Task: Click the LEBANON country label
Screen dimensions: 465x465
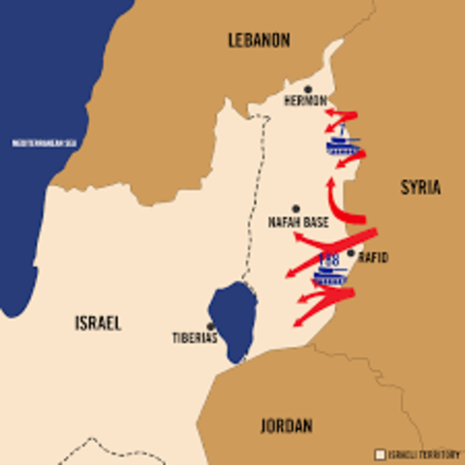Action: (258, 40)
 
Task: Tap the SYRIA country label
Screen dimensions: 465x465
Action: (420, 188)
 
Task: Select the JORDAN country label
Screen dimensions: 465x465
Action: (287, 425)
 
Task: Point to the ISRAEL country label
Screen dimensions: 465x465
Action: (98, 324)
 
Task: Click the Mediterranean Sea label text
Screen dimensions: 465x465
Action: (44, 143)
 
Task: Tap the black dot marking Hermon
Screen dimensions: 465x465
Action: (308, 89)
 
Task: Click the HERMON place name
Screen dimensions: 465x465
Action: (305, 101)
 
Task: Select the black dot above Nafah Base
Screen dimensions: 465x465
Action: (295, 208)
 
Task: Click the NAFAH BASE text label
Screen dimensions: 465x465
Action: (297, 222)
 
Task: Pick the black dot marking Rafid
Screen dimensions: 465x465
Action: (351, 253)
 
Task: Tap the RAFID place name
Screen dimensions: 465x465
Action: (373, 258)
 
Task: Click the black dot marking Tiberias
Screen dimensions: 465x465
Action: (210, 326)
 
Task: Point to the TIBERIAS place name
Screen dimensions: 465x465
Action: (196, 339)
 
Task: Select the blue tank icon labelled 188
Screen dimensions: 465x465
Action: (330, 274)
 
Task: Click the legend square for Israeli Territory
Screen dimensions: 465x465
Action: (380, 453)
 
